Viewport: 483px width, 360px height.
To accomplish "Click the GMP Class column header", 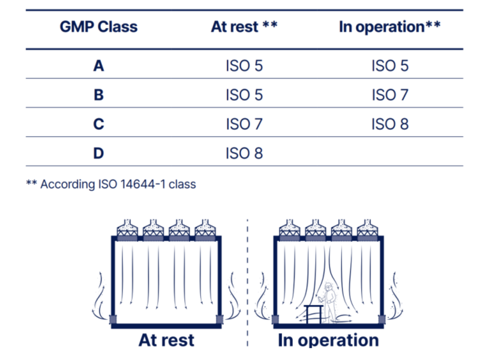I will [x=98, y=27].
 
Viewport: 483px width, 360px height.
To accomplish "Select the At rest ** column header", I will [x=244, y=27].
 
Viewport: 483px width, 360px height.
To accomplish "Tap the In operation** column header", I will [x=390, y=27].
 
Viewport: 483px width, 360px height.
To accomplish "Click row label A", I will [x=98, y=65].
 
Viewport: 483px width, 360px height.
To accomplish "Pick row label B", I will [x=98, y=95].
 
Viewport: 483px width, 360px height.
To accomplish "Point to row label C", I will [x=98, y=124].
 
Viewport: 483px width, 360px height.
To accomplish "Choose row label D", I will [x=98, y=154].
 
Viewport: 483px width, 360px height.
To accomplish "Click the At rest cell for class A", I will [x=244, y=65].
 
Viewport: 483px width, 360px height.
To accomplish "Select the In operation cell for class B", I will [x=390, y=95].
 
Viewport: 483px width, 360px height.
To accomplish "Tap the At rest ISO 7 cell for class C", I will [x=244, y=124].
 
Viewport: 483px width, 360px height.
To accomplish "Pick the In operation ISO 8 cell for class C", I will [x=390, y=124].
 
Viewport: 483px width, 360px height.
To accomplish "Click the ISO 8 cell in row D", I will [x=244, y=154].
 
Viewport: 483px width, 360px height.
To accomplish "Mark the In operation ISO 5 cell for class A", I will [x=390, y=65].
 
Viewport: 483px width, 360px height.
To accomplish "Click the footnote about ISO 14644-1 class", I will [x=111, y=184].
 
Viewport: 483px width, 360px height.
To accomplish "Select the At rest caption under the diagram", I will [x=166, y=340].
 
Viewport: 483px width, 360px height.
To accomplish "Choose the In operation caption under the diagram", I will [x=328, y=340].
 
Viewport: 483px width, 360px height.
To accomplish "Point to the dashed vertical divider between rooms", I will [x=247, y=282].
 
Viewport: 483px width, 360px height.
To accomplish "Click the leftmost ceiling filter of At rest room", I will [x=127, y=229].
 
